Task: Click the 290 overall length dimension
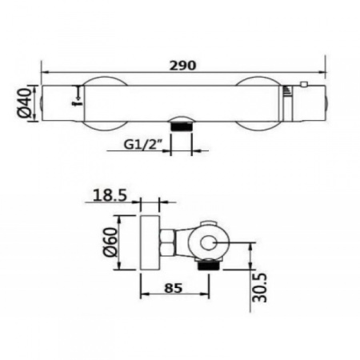(183, 66)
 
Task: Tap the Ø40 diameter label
(25, 103)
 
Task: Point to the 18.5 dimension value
(110, 195)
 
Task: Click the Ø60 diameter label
(110, 242)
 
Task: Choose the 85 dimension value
(174, 288)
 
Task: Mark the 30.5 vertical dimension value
(259, 287)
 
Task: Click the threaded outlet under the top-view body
(181, 126)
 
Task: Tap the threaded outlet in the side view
(208, 265)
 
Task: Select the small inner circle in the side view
(208, 243)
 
